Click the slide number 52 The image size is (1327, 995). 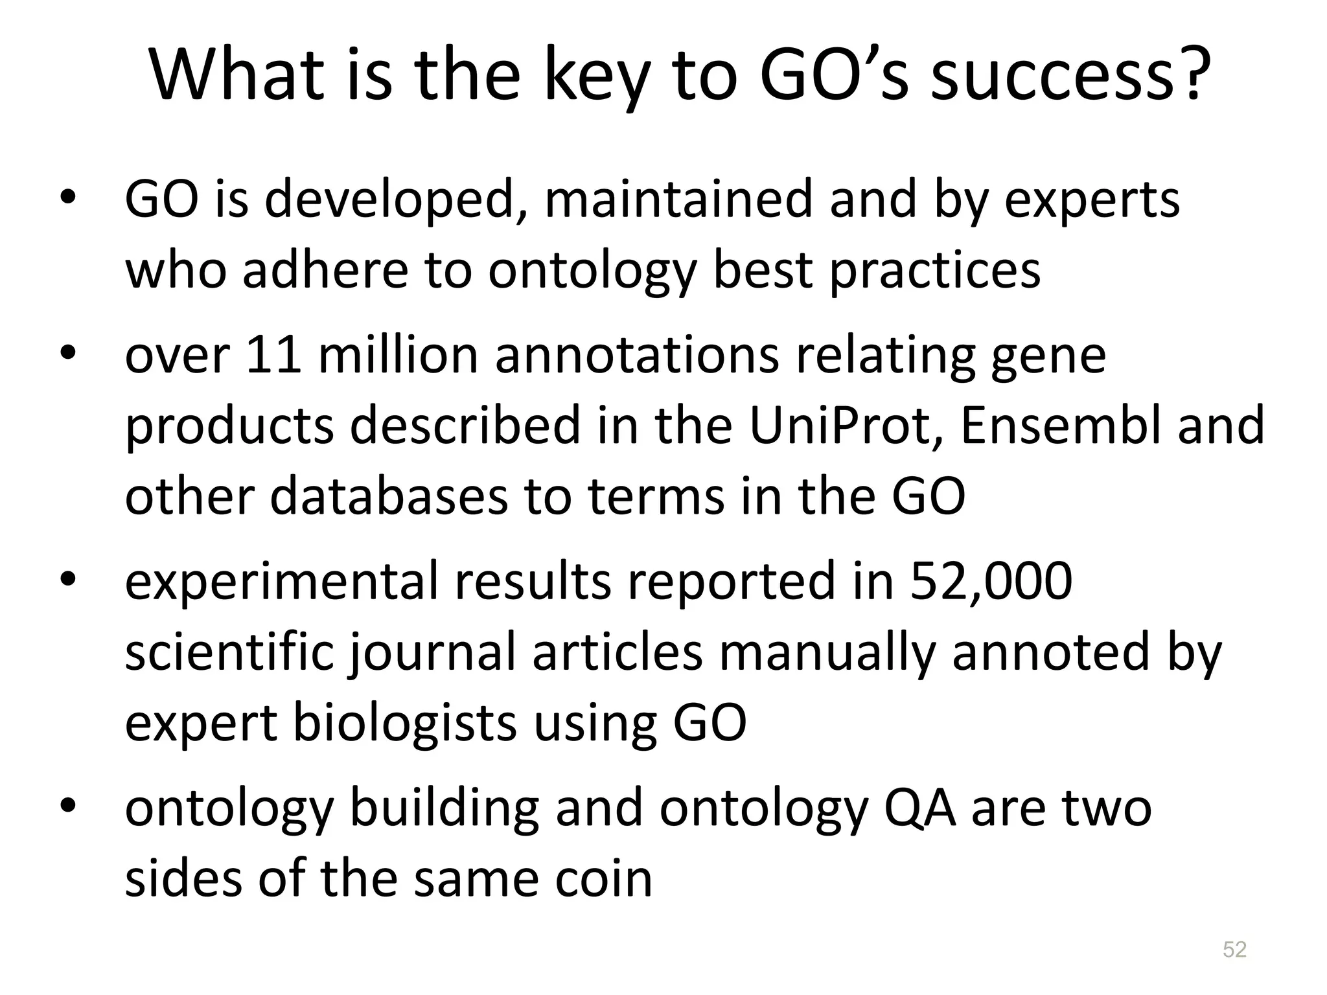tap(1234, 950)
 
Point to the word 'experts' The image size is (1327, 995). tap(1092, 200)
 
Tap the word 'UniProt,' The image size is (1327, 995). tap(846, 426)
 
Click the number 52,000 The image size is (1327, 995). tap(991, 581)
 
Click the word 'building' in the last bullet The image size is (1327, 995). tap(444, 808)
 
